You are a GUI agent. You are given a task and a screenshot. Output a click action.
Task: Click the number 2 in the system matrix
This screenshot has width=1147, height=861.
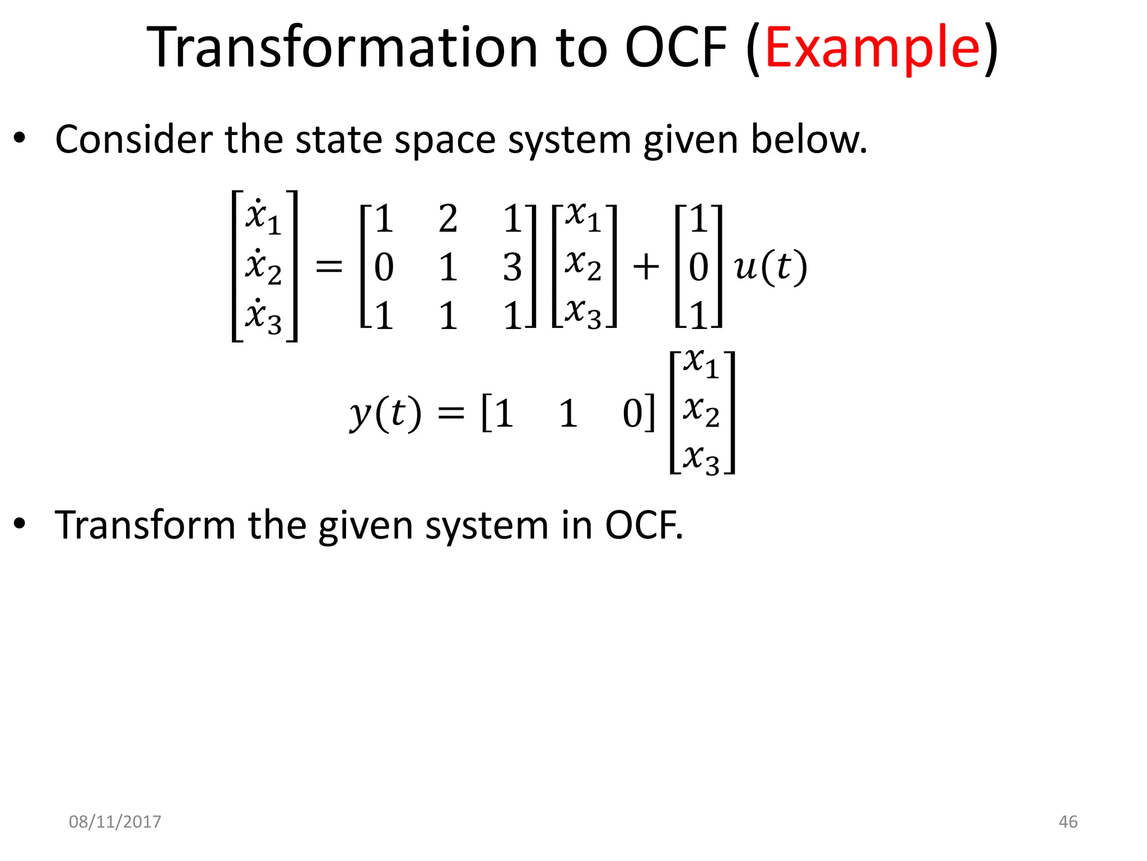pyautogui.click(x=448, y=219)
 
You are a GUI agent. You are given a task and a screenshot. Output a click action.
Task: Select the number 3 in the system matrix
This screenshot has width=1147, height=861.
pyautogui.click(x=512, y=268)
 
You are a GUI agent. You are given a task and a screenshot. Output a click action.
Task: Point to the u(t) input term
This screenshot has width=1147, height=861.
pyautogui.click(x=770, y=267)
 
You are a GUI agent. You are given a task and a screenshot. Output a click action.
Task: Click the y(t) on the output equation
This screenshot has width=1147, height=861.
pyautogui.click(x=385, y=414)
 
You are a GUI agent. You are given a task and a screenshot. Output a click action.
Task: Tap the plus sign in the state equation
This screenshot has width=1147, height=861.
pyautogui.click(x=645, y=267)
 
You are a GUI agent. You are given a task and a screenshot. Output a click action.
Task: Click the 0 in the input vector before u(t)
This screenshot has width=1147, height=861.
pyautogui.click(x=698, y=268)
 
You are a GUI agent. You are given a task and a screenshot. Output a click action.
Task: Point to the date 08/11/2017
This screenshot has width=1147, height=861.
pyautogui.click(x=115, y=822)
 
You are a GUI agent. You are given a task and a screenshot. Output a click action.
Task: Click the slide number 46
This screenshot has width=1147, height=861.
pyautogui.click(x=1067, y=822)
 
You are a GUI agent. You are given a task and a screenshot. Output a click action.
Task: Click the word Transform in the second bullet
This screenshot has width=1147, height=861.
pyautogui.click(x=145, y=525)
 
